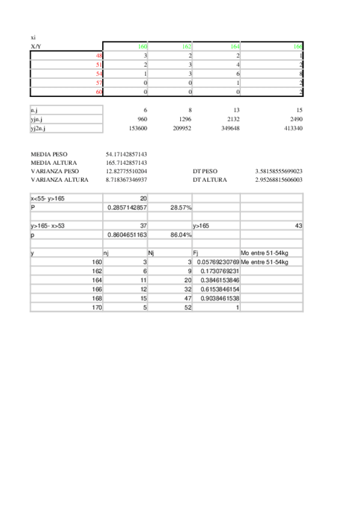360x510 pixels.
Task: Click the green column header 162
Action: point(186,46)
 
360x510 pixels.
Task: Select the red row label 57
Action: point(99,82)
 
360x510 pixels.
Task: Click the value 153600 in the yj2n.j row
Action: point(138,127)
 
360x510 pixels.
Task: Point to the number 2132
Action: point(231,119)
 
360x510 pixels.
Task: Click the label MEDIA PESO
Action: point(49,155)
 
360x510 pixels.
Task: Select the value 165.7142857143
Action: point(126,163)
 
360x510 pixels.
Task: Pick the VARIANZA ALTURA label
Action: point(59,180)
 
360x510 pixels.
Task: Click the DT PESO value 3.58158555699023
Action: point(278,171)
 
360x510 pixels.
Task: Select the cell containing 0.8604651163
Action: point(127,235)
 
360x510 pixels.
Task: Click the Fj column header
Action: point(196,253)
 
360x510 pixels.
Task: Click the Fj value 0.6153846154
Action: point(216,289)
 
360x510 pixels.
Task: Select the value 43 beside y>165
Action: point(298,226)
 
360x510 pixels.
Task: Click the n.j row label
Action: point(35,110)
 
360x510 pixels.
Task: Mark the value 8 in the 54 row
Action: point(300,73)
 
